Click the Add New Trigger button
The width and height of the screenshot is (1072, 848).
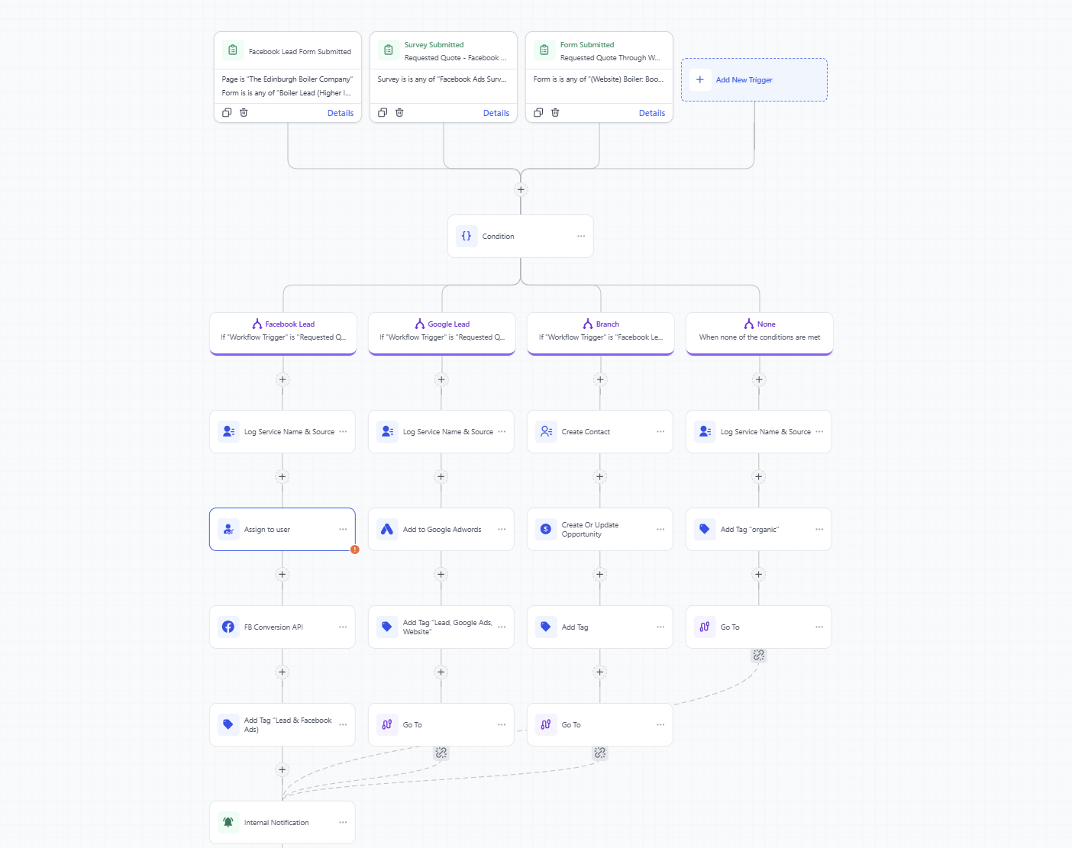point(744,80)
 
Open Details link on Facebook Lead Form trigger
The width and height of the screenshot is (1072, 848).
point(340,113)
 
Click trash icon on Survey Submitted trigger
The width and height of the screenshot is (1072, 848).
point(399,113)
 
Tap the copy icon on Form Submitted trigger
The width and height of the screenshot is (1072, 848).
point(538,113)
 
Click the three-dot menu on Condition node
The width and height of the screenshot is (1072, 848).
point(581,237)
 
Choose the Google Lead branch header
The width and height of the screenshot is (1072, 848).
point(441,331)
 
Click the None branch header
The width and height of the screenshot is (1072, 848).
point(759,331)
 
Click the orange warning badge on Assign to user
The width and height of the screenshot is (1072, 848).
point(355,550)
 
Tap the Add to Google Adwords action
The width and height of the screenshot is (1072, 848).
point(441,530)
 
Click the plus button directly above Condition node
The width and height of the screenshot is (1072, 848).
point(521,190)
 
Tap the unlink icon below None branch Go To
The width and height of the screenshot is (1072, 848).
point(758,656)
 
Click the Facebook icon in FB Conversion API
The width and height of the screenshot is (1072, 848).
point(228,627)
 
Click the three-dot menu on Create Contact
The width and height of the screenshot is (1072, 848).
point(660,432)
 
